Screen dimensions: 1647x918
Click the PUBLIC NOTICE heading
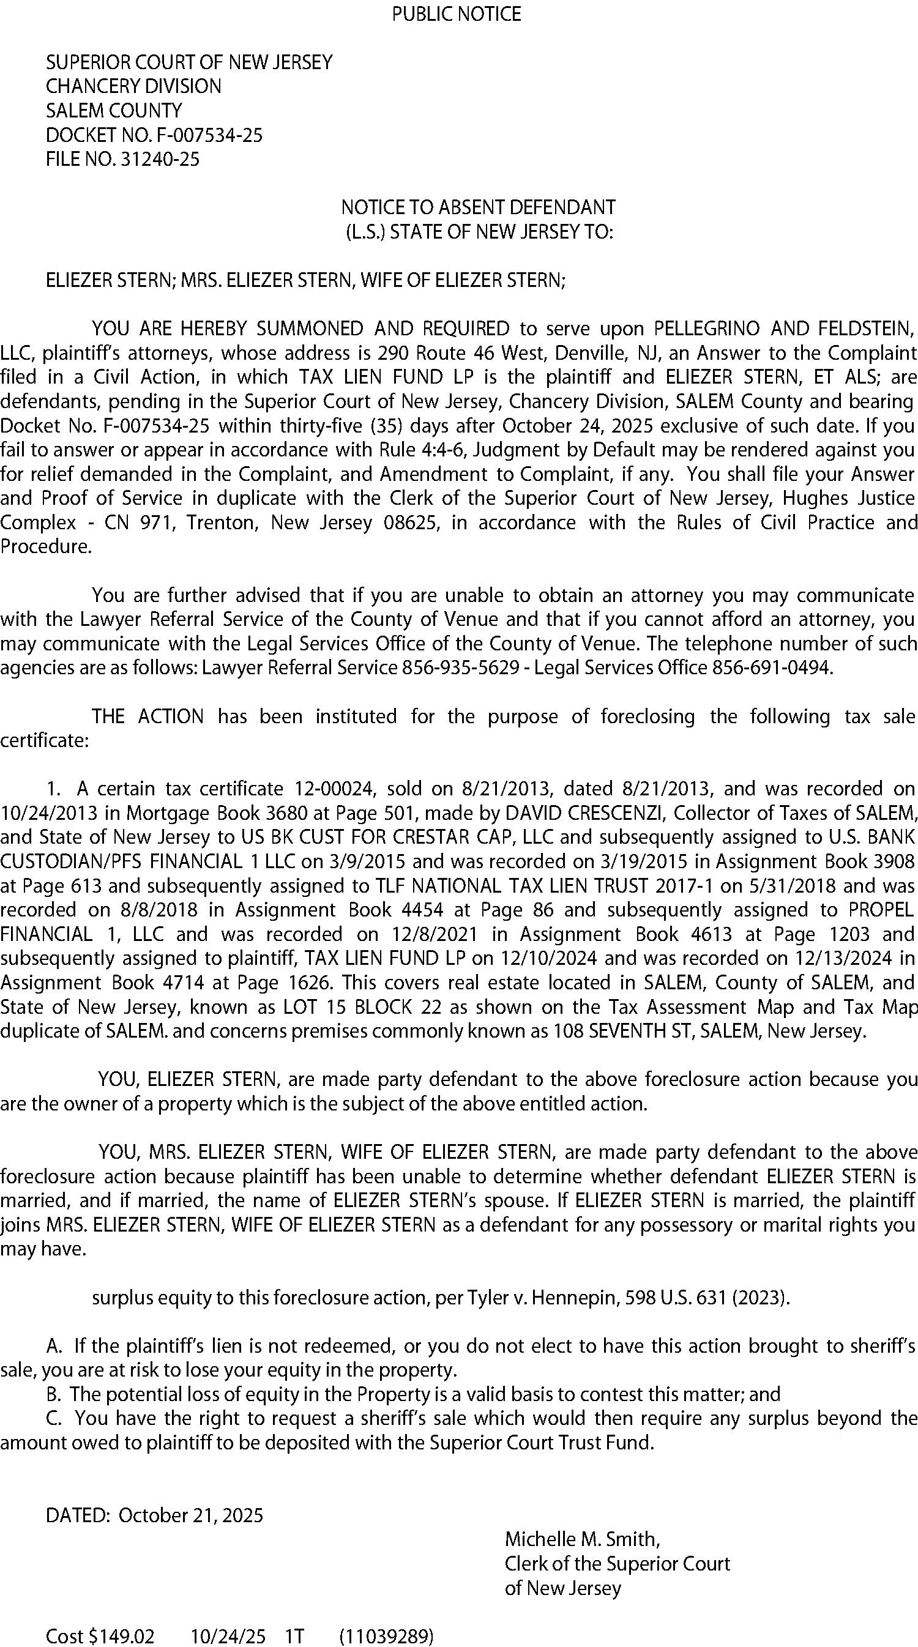[x=456, y=14]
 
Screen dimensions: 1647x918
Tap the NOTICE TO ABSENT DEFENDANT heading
[x=478, y=207]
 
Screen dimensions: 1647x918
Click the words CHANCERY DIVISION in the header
[x=133, y=86]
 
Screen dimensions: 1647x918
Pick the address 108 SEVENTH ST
[x=624, y=1032]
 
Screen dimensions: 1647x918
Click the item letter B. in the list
[x=54, y=1394]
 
